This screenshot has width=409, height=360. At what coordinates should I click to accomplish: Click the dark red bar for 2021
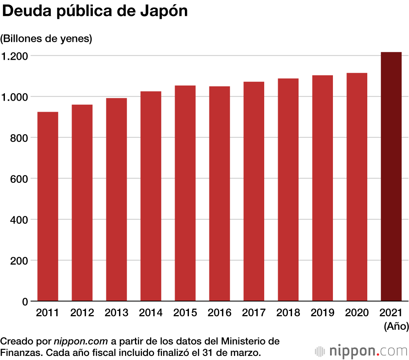[391, 177]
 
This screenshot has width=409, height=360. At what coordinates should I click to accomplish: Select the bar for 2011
[47, 207]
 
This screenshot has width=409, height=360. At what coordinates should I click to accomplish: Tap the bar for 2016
[219, 194]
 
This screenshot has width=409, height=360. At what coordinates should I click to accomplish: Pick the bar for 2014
[151, 196]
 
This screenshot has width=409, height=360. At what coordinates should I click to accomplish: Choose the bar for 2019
[322, 188]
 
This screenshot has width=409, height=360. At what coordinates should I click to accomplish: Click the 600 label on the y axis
[19, 179]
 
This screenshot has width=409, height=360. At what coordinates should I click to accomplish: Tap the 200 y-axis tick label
[19, 261]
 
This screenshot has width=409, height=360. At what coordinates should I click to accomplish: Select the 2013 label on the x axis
[116, 313]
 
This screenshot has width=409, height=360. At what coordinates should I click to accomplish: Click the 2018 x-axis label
[288, 313]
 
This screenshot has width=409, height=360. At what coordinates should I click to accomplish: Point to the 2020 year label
[357, 313]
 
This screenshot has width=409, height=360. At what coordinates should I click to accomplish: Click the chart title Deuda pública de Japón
[95, 11]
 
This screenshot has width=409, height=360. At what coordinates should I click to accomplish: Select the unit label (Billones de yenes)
[46, 39]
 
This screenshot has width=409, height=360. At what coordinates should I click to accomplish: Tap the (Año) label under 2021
[396, 326]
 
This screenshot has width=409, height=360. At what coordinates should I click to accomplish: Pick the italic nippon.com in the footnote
[81, 341]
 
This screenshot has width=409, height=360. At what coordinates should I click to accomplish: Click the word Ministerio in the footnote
[245, 341]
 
